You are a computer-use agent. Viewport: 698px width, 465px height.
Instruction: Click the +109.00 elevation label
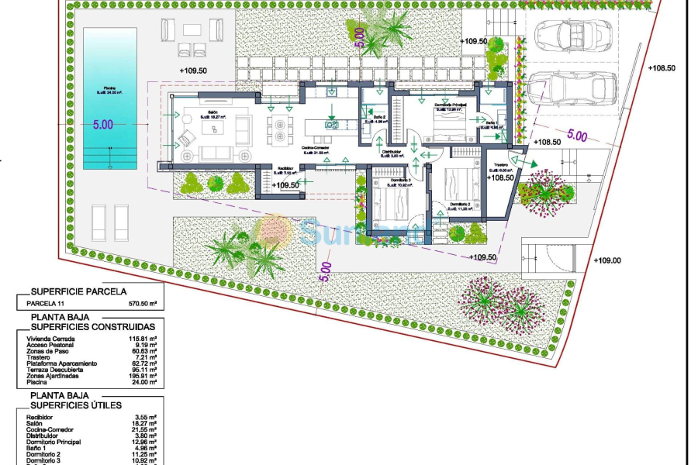[x=607, y=260]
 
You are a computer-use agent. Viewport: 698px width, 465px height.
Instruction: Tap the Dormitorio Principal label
[x=448, y=105]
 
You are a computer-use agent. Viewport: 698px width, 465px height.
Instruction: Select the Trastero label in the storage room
[x=499, y=165]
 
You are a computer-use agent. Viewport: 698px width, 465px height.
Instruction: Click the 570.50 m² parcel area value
[x=143, y=305]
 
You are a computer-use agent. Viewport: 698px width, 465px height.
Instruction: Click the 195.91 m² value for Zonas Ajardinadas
[x=143, y=376]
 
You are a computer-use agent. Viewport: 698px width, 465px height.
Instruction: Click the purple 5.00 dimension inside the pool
[x=102, y=124]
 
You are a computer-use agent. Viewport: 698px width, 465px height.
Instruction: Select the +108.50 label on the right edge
[x=662, y=68]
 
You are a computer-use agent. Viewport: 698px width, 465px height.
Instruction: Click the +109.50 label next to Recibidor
[x=286, y=185]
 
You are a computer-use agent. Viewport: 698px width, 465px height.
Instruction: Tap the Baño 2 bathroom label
[x=379, y=117]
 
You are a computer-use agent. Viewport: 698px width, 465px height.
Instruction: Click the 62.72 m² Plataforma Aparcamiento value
[x=144, y=363]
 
